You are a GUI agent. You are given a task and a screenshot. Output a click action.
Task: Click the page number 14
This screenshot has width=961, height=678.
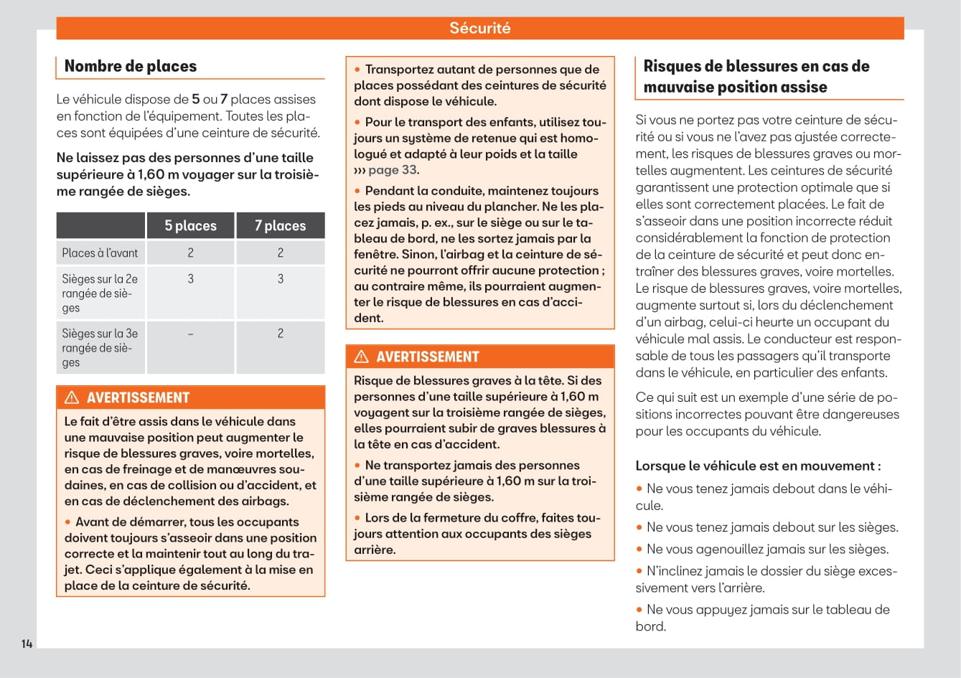[27, 644]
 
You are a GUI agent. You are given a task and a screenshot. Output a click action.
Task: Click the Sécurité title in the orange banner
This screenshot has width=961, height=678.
[479, 28]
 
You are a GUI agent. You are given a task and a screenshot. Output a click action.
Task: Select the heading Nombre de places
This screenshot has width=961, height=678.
[131, 66]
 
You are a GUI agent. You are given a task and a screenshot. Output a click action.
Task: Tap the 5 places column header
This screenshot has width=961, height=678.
[190, 225]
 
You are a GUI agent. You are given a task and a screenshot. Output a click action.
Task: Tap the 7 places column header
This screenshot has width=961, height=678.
[280, 225]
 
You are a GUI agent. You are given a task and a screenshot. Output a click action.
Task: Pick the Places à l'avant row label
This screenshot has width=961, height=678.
[100, 253]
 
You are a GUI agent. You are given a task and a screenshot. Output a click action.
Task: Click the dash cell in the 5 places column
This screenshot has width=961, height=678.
[190, 334]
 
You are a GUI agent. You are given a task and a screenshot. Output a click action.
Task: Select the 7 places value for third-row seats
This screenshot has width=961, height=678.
[280, 334]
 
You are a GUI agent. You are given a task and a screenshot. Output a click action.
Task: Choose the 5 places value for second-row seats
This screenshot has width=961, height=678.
[190, 279]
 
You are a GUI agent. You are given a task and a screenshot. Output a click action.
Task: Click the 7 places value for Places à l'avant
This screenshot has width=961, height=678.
[280, 253]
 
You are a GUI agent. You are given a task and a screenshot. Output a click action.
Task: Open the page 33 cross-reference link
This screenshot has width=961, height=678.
[392, 170]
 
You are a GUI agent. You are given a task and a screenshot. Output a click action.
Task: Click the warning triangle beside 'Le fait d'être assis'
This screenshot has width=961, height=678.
[72, 397]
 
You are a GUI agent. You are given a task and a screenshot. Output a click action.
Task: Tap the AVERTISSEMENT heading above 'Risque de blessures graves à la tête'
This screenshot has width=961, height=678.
[427, 357]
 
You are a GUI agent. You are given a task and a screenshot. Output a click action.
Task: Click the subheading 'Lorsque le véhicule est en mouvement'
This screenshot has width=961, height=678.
[758, 466]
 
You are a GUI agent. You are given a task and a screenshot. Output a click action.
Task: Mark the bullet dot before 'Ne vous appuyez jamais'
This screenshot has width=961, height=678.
[639, 610]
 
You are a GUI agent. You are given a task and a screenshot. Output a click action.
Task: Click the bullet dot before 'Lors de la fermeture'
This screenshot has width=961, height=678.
[357, 517]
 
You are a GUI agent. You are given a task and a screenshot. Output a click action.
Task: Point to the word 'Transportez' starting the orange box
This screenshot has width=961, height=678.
[399, 70]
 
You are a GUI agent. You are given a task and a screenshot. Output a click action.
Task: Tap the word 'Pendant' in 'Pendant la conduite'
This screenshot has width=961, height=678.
[388, 191]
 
